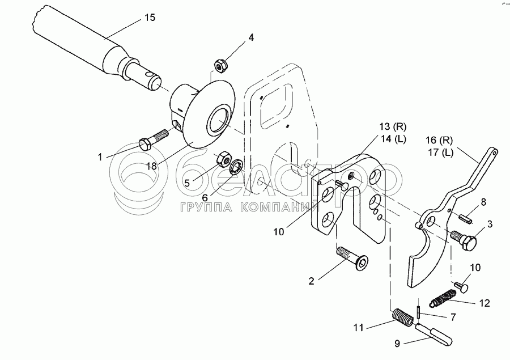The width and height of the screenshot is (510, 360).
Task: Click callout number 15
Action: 149,18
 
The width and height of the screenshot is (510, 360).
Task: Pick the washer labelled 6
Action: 237,167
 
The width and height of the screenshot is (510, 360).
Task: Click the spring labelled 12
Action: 444,296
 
